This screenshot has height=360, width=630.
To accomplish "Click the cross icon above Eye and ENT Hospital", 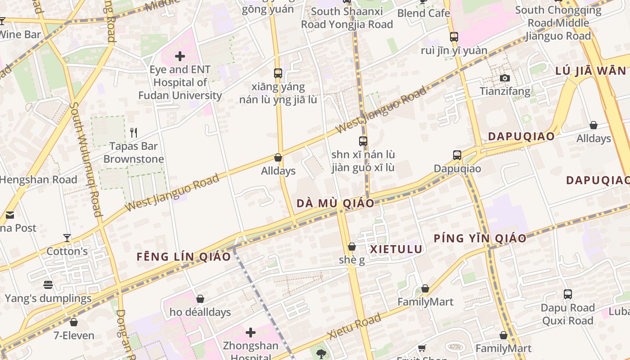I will (x=180, y=56).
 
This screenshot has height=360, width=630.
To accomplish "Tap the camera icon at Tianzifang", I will (x=505, y=78).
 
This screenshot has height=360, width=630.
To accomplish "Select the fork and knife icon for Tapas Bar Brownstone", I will (x=133, y=132).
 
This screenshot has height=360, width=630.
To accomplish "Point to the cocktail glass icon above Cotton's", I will (x=67, y=238).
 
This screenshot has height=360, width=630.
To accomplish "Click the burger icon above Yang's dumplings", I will (x=48, y=285).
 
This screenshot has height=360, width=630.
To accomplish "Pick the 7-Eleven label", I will (x=74, y=335).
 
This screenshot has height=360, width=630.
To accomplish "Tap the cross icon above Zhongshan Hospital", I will (x=251, y=333).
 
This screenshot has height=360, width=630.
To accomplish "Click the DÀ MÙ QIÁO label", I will (x=335, y=203).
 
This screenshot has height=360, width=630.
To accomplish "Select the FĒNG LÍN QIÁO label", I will (x=184, y=257).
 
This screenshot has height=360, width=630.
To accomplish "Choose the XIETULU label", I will (x=396, y=249).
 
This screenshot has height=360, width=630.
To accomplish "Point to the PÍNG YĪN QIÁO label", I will (x=480, y=238).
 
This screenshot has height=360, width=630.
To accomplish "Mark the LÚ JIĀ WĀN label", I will (x=590, y=71).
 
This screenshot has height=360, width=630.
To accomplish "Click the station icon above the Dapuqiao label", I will (x=457, y=155).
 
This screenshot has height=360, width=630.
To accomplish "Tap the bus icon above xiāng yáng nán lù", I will (x=278, y=73).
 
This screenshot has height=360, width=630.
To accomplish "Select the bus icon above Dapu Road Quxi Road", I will (x=568, y=294).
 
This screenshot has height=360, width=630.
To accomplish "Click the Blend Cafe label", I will (x=423, y=13).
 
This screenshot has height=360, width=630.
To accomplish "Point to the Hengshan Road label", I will (x=39, y=180).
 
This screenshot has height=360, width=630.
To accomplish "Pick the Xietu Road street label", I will (x=355, y=326).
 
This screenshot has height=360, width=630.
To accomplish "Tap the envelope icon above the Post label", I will (x=10, y=215).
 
